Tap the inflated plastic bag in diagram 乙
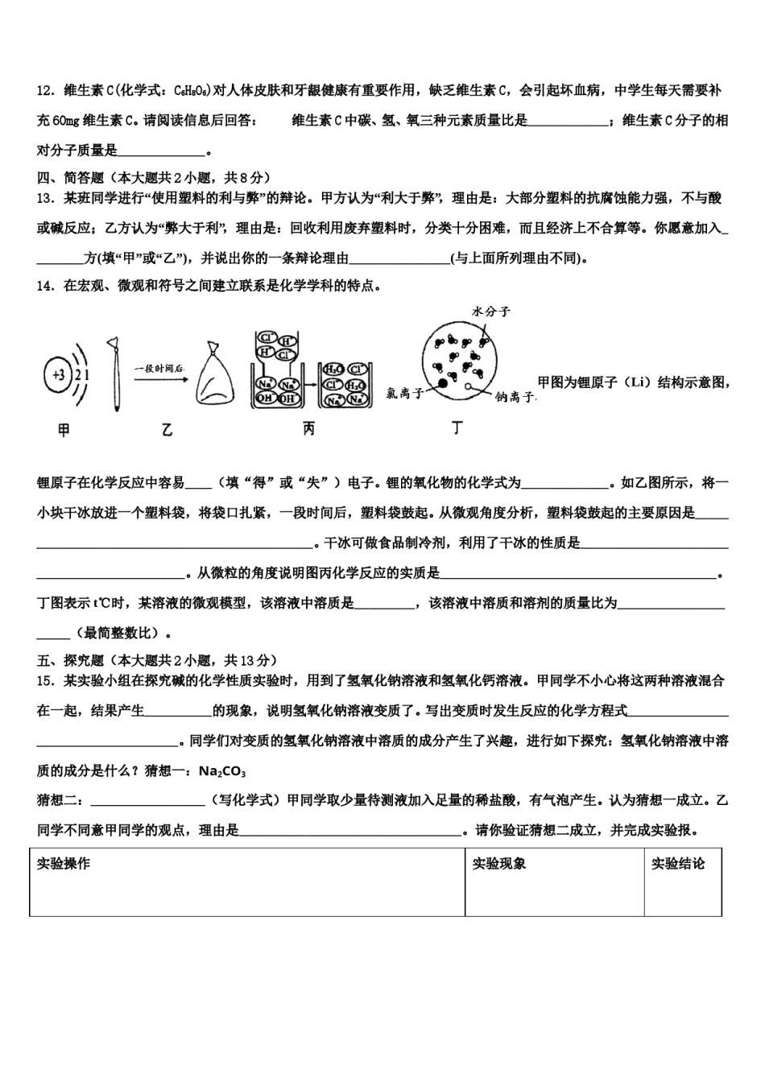click(215, 378)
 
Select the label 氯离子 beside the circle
click(406, 393)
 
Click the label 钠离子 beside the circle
click(516, 397)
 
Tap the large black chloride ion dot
click(442, 389)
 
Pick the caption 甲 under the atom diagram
click(64, 431)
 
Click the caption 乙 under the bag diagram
click(167, 431)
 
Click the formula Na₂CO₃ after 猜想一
click(222, 771)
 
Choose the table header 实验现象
click(499, 864)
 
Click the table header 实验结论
click(678, 864)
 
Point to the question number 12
click(44, 91)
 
